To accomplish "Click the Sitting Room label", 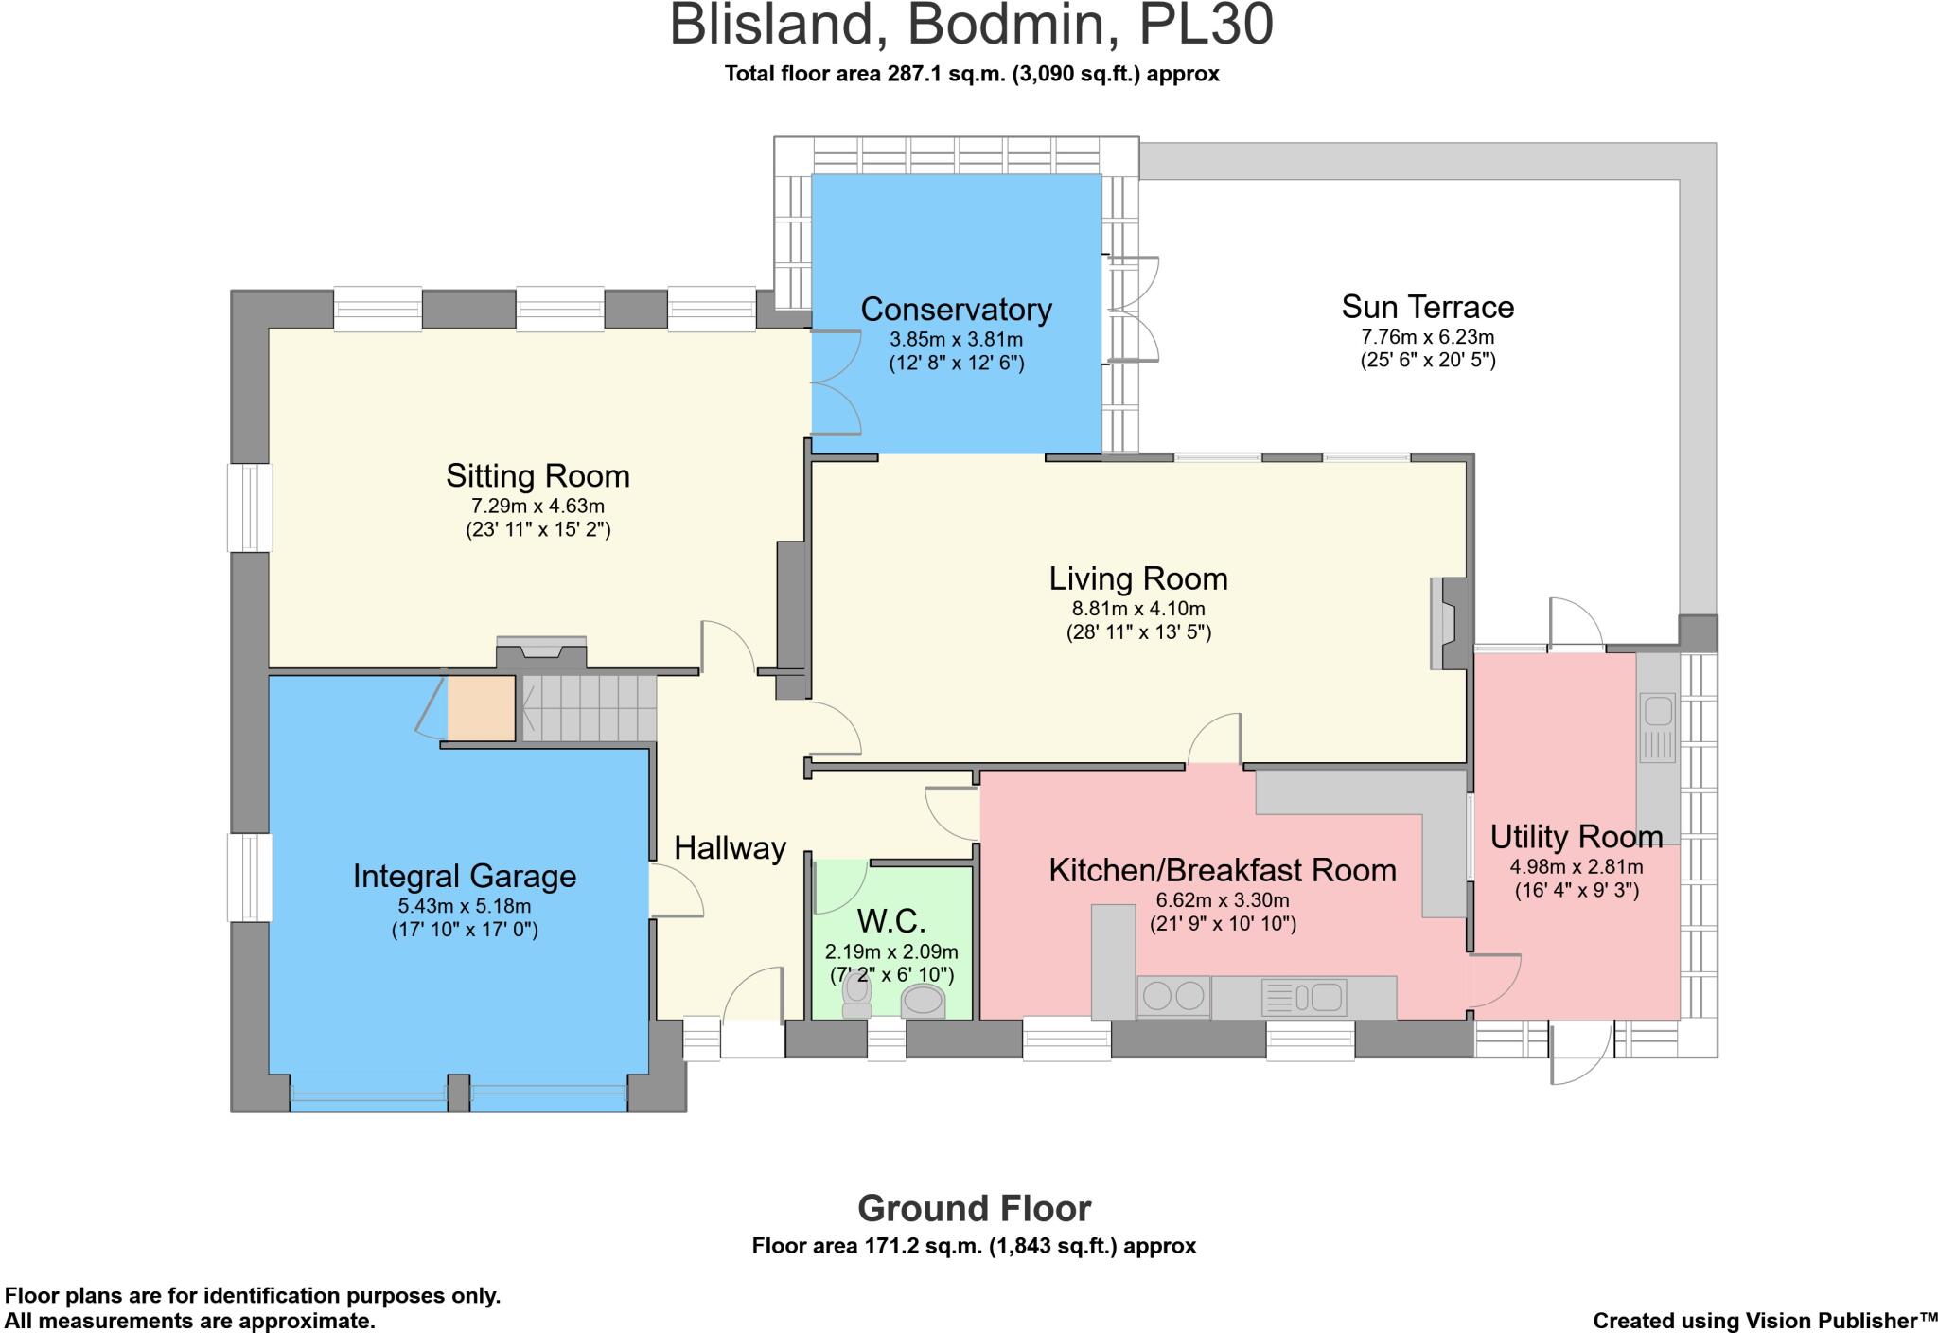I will pos(537,475).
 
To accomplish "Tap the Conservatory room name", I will pos(956,310).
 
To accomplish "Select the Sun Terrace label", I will pos(1427,307).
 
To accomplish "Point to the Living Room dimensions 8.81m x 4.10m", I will pos(1138,609).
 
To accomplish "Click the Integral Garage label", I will pos(464,876).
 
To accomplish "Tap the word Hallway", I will pos(730,847).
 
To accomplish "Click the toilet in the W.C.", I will pos(857,994).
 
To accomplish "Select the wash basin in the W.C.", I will pos(924,1000).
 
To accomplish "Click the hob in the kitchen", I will pos(1173,996).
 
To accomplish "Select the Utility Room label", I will pos(1576,837).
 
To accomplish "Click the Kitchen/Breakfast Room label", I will pos(1222,870).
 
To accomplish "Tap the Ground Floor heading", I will pos(974,1209).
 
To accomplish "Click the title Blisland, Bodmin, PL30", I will pos(971,27).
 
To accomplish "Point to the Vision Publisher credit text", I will pos(1765,1321).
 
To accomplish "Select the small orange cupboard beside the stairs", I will pos(481,708).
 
